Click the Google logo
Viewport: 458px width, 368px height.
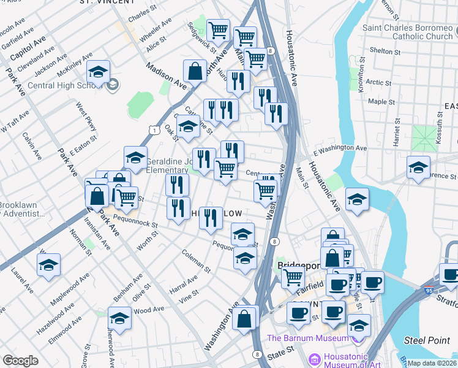20,361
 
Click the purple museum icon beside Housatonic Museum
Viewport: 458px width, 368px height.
314,358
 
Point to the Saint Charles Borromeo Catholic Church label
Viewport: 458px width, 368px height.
407,32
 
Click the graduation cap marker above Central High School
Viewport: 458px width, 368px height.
98,72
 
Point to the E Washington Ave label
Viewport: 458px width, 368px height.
340,148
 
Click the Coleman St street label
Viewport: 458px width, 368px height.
196,261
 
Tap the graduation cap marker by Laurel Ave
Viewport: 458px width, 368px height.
48,265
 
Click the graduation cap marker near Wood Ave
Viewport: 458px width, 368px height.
120,318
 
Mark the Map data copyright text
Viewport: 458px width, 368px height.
432,363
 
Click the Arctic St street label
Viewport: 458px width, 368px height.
379,82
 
